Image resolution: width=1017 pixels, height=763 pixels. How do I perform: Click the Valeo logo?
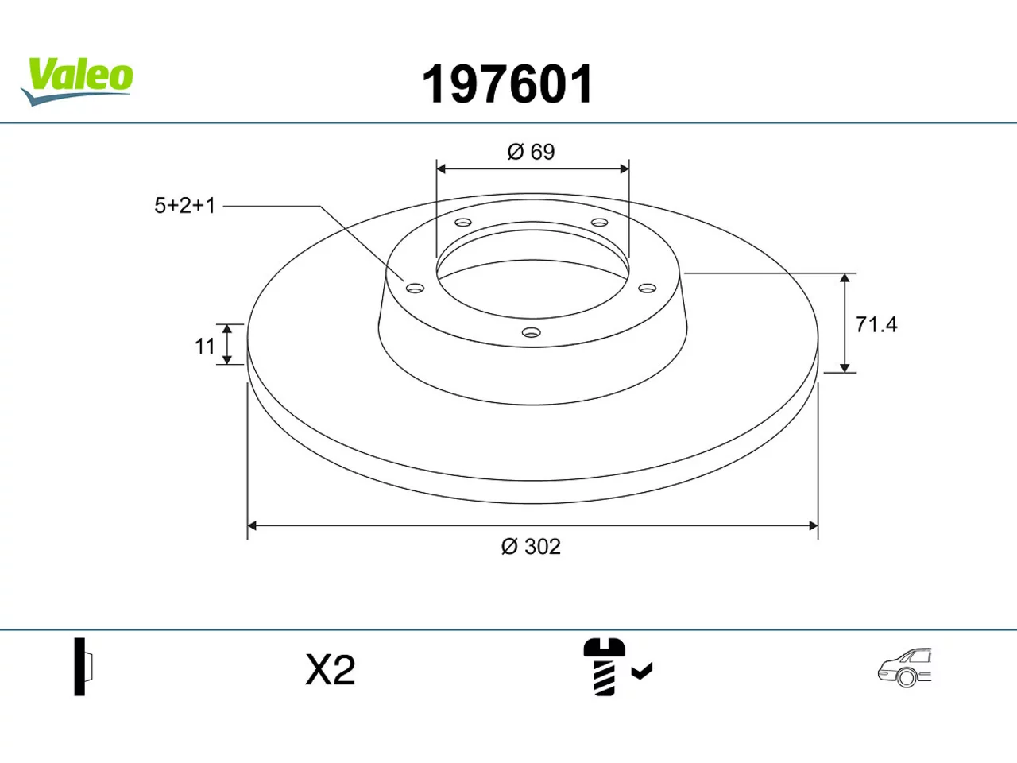coord(77,81)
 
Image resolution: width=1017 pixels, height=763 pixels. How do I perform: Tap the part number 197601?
coord(507,84)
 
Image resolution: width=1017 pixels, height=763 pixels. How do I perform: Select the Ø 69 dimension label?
coord(531,152)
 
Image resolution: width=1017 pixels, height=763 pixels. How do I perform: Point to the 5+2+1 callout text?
coord(185,206)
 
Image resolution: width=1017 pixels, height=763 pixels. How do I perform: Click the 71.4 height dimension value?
coord(876,324)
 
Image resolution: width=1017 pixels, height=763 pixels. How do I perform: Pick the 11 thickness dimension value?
coord(204,346)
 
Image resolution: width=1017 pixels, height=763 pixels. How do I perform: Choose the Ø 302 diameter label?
coord(531,547)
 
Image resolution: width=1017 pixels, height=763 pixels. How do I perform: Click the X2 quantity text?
coord(330,670)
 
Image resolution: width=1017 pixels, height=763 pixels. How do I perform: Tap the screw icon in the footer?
coord(604,667)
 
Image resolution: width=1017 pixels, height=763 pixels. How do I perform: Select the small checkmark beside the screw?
coord(642,671)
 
